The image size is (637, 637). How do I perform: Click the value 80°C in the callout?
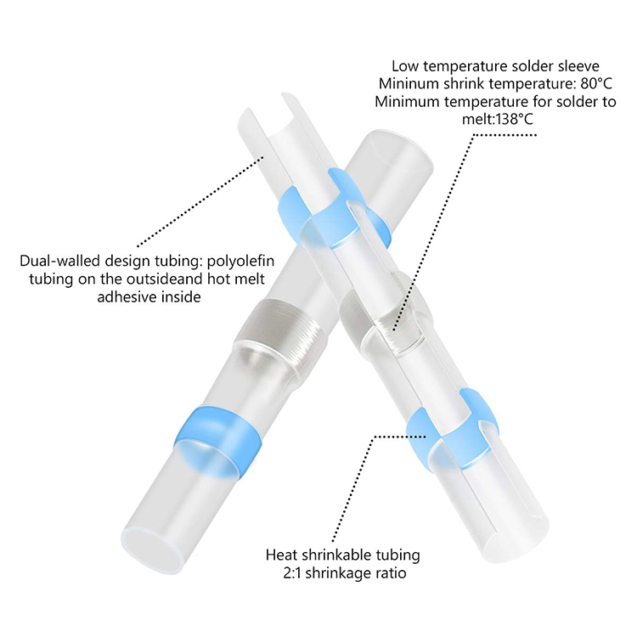click(596, 84)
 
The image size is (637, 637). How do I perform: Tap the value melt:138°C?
click(497, 120)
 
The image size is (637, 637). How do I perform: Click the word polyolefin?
click(240, 261)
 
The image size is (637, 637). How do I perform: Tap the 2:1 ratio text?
click(292, 573)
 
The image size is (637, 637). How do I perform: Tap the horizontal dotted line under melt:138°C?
click(505, 135)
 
